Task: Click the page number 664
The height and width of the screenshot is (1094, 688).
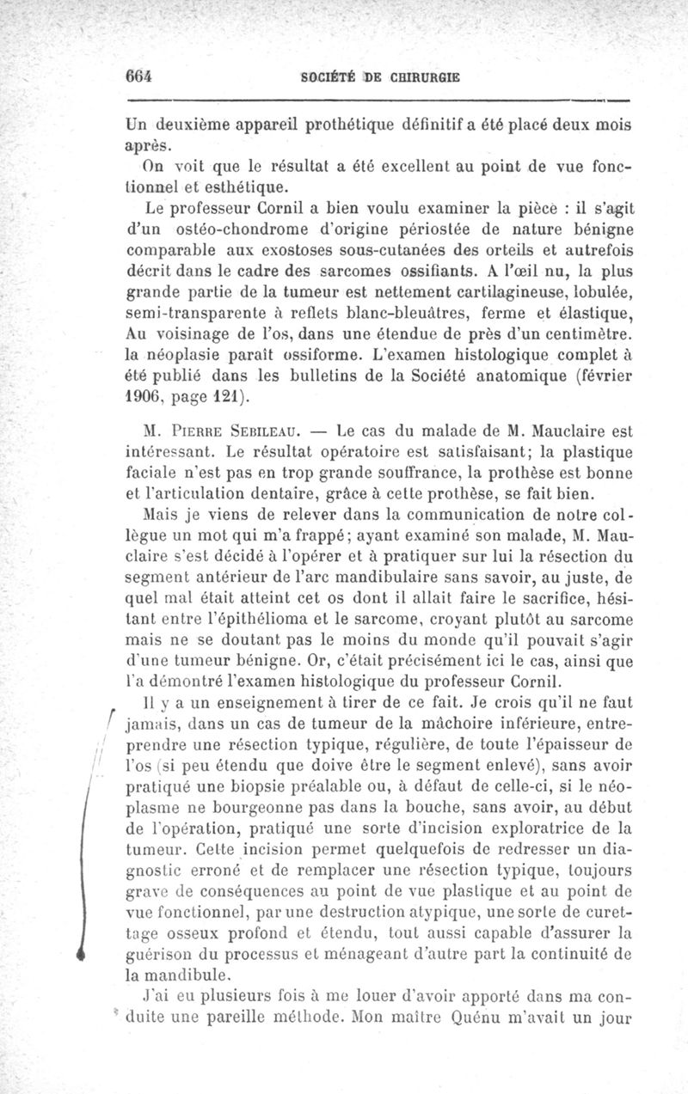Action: [x=138, y=75]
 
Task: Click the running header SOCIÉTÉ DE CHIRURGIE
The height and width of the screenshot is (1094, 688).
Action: [x=380, y=76]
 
